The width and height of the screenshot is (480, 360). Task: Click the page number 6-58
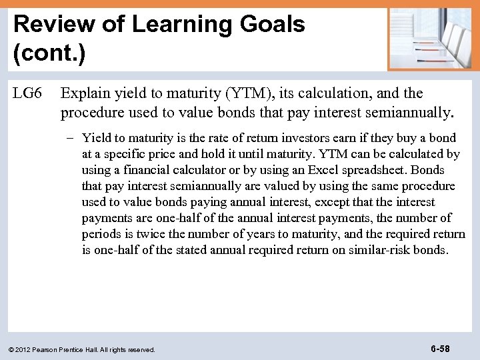coord(440,349)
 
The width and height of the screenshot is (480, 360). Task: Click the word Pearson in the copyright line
coord(45,349)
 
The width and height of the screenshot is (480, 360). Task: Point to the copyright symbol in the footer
coord(11,349)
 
